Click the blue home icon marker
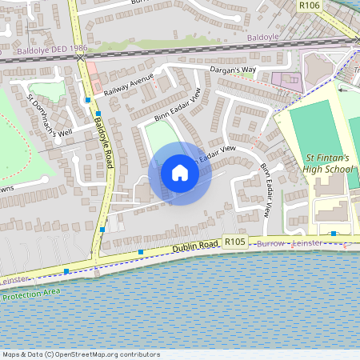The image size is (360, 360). (x=180, y=173)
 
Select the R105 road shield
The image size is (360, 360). (x=234, y=241)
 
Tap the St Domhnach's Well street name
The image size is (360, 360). (x=50, y=114)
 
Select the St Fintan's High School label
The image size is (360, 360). (x=328, y=163)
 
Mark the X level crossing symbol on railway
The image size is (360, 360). (x=80, y=58)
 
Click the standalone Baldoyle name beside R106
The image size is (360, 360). (x=265, y=37)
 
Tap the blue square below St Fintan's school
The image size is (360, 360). (x=333, y=233)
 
